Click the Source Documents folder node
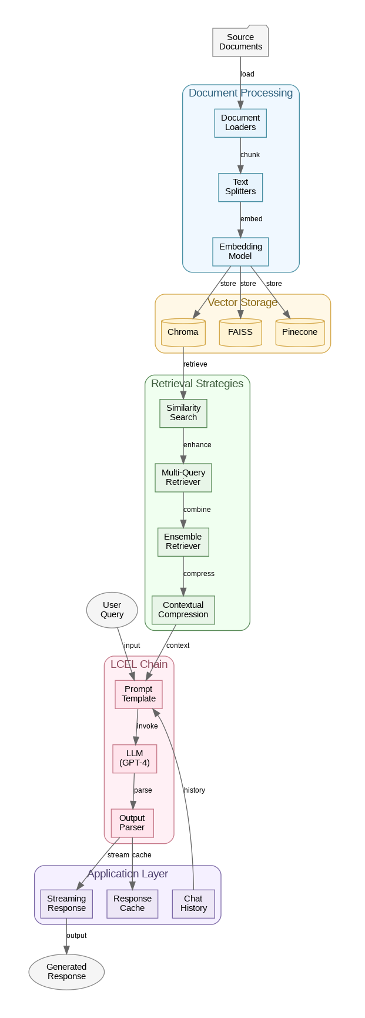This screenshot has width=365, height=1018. pos(240,42)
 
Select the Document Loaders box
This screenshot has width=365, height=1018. pos(240,122)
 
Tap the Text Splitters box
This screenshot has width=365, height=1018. pos(240,187)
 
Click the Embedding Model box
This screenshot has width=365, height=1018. pos(240,251)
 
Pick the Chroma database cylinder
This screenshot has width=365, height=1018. pos(183,332)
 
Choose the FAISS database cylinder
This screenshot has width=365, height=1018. pos(240,332)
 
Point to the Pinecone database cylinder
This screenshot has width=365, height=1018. pos(300,332)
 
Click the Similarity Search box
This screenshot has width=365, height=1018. pos(183,412)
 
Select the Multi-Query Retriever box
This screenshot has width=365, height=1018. pos(183,477)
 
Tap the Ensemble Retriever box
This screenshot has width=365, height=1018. pos(183,541)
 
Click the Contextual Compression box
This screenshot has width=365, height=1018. pos(183,610)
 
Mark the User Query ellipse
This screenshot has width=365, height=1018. pos(112,610)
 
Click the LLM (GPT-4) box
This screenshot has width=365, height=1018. pos(135,758)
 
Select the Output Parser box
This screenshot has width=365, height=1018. pos(132,823)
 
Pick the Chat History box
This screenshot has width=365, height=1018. pos(193,903)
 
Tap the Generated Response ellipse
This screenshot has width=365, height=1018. pos(66,972)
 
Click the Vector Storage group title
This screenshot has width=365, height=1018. pos(242,302)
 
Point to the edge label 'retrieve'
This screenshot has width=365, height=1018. pos(195,364)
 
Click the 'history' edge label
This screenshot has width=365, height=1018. pos(195,790)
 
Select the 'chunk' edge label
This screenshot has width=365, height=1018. pos(250,155)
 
